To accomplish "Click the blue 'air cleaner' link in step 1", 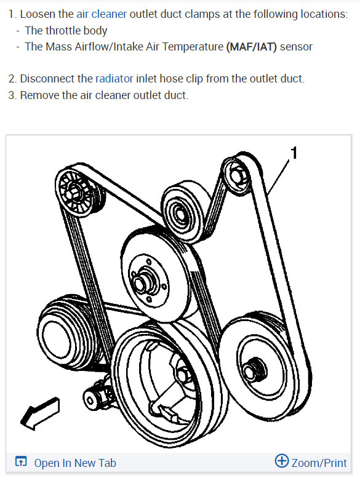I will tap(102, 14).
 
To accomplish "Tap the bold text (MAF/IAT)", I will tap(251, 46).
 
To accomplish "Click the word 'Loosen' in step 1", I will tap(39, 14).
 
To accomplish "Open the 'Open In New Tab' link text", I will tap(74, 463).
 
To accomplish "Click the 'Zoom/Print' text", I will tap(319, 463).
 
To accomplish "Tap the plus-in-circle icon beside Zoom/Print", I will tap(282, 461).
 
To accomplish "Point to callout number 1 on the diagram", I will tap(294, 153).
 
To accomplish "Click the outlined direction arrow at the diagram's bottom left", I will tap(39, 414).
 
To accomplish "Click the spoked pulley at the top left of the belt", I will tap(74, 193).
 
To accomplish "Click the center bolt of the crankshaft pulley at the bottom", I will tap(183, 375).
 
